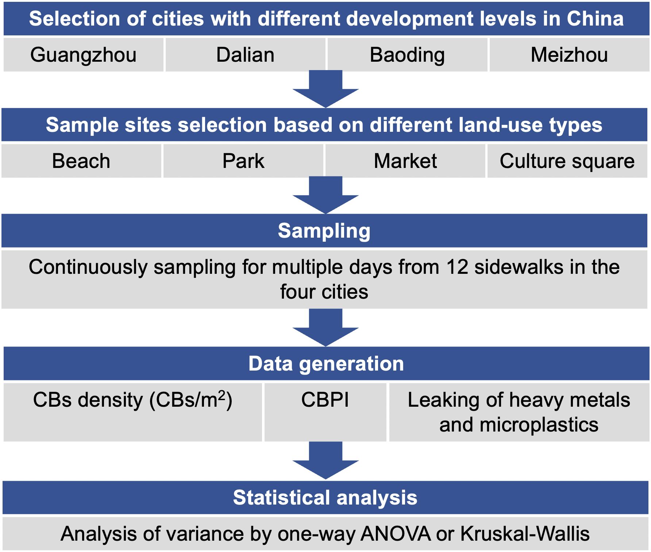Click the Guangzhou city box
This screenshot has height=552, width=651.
pyautogui.click(x=84, y=55)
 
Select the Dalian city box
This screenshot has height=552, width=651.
pyautogui.click(x=245, y=55)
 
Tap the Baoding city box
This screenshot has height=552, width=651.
pyautogui.click(x=407, y=55)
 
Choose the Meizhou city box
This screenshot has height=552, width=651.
pyautogui.click(x=569, y=55)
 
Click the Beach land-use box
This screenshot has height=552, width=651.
pyautogui.click(x=81, y=161)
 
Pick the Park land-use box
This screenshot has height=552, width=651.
pyautogui.click(x=243, y=161)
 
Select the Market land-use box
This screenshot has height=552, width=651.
pyautogui.click(x=405, y=161)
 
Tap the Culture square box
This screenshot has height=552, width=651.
pyautogui.click(x=567, y=161)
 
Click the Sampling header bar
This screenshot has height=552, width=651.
pyautogui.click(x=324, y=231)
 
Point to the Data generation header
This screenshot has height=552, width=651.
pyautogui.click(x=326, y=364)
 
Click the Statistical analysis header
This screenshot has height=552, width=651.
pyautogui.click(x=325, y=498)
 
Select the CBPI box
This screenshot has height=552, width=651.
pyautogui.click(x=325, y=412)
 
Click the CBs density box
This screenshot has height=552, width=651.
pyautogui.click(x=133, y=412)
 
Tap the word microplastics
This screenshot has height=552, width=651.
pyautogui.click(x=539, y=425)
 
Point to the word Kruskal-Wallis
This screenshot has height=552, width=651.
pyautogui.click(x=525, y=534)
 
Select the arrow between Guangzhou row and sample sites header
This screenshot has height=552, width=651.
pyautogui.click(x=325, y=89)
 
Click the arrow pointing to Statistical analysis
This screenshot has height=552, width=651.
pyautogui.click(x=325, y=460)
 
